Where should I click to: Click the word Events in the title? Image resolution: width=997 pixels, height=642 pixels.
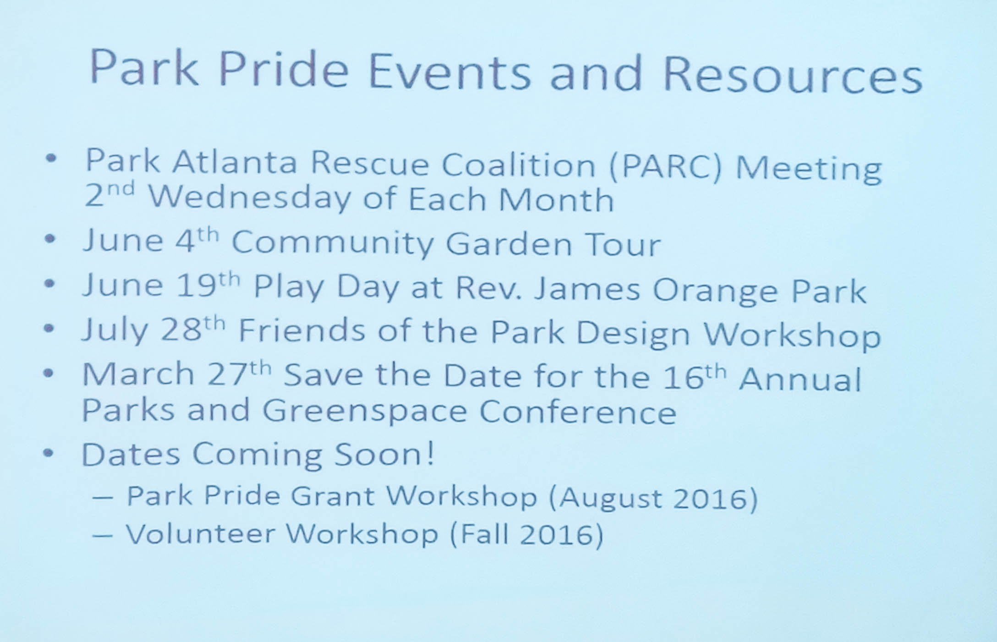point(449,72)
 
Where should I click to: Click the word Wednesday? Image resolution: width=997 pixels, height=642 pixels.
point(249,200)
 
